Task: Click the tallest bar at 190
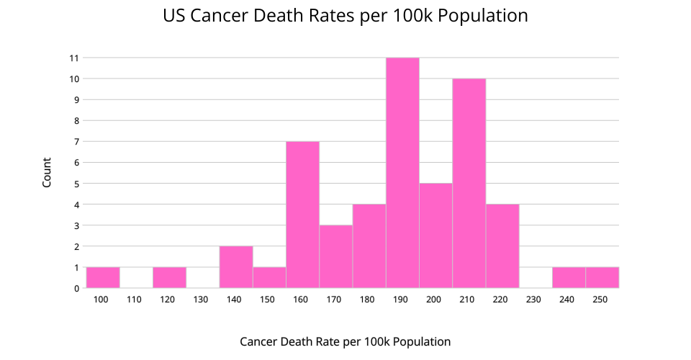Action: tap(402, 173)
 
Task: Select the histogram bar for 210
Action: tap(469, 184)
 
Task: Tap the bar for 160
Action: tap(302, 215)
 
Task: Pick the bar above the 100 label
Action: tap(103, 278)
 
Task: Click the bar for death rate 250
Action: tap(602, 278)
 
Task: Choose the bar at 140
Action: tap(236, 267)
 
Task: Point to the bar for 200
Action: tap(435, 235)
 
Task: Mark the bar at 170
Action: tap(336, 256)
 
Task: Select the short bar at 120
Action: tap(169, 278)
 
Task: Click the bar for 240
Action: tap(569, 278)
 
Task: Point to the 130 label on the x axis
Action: tap(202, 299)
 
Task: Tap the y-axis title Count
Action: tap(47, 173)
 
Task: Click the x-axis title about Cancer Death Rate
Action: tap(345, 341)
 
